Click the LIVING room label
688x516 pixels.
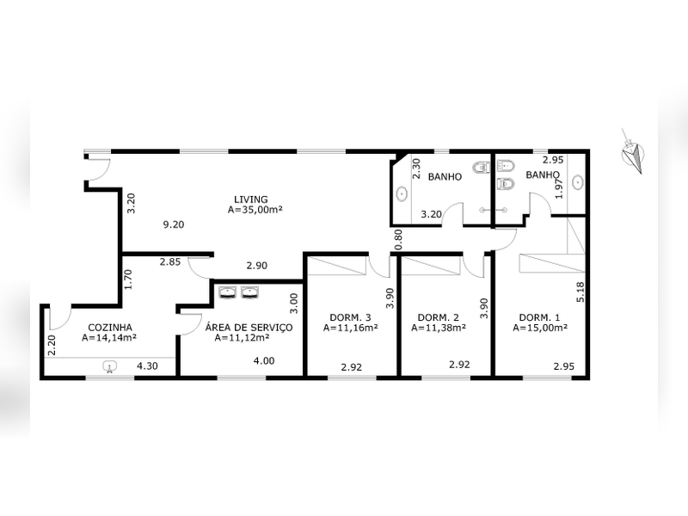[x=255, y=199]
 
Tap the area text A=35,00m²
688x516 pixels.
[x=255, y=209]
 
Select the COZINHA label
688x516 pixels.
[x=109, y=328]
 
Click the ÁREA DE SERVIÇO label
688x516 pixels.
[x=249, y=328]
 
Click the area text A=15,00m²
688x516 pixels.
[x=540, y=328]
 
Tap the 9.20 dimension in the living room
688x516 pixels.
[x=174, y=225]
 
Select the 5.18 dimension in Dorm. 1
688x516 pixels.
[x=580, y=292]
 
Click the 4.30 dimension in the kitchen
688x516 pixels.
[x=148, y=365]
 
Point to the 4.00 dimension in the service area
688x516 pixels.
[x=263, y=360]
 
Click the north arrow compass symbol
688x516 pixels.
[x=635, y=156]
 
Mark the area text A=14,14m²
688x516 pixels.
[x=110, y=338]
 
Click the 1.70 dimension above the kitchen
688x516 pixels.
[x=127, y=279]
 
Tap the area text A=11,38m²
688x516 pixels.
[x=439, y=328]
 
